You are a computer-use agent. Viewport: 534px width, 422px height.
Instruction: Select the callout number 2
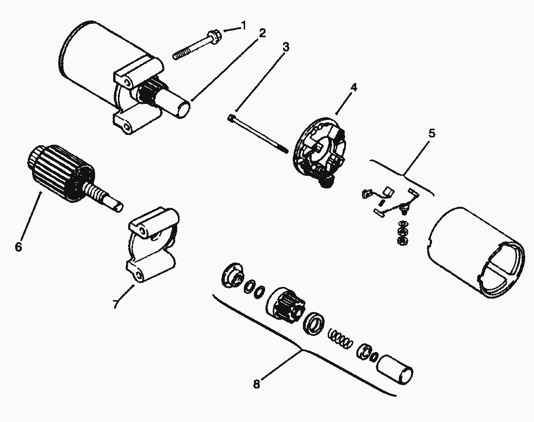pos(262,33)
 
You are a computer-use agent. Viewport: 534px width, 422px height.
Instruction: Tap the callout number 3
pos(286,47)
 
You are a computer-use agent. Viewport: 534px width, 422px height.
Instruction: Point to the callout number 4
pos(354,87)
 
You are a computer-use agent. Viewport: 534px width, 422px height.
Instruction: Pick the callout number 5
pos(432,133)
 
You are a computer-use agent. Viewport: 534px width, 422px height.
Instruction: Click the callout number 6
pos(18,247)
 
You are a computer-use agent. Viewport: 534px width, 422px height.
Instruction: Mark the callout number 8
pos(257,384)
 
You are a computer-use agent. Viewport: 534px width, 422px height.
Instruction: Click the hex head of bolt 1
pos(216,35)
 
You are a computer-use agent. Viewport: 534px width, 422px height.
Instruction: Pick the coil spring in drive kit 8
pos(339,338)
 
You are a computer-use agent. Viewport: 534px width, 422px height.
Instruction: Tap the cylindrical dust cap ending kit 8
pos(395,369)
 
